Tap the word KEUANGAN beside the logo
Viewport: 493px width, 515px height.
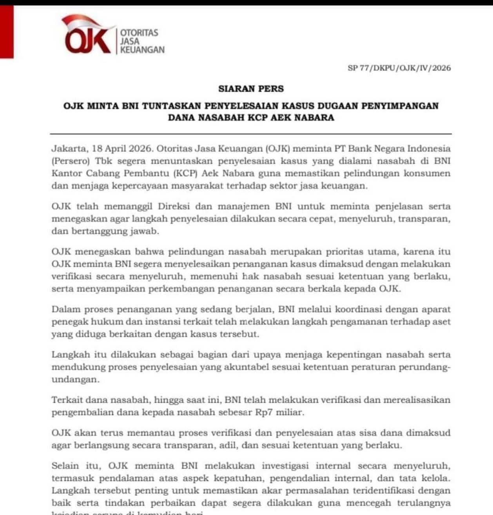click(142, 50)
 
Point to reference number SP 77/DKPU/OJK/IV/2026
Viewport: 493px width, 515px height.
click(399, 68)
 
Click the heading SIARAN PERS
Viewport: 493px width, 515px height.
click(251, 89)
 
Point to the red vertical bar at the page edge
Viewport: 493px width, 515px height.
click(7, 31)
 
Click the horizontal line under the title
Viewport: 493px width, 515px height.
click(251, 134)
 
